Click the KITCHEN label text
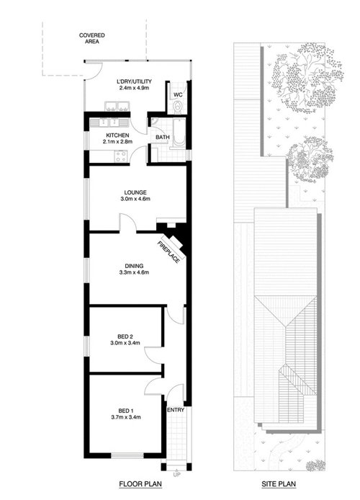point(117,135)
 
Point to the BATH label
point(163,137)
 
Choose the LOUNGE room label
point(135,192)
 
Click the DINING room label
point(133,265)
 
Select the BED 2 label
point(127,336)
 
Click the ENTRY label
point(176,410)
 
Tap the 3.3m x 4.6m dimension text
point(133,273)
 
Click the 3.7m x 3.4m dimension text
point(127,416)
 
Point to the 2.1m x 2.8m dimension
point(117,143)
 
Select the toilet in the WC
point(179,107)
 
